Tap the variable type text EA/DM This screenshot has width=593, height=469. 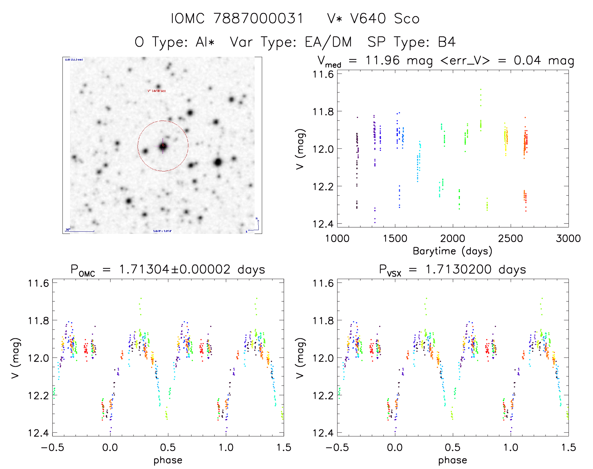pyautogui.click(x=328, y=42)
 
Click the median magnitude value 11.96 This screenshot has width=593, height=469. pyautogui.click(x=382, y=60)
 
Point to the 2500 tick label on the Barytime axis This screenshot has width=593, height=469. pyautogui.click(x=510, y=238)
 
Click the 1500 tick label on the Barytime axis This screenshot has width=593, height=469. pyautogui.click(x=395, y=238)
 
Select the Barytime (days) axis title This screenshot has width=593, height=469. pyautogui.click(x=452, y=251)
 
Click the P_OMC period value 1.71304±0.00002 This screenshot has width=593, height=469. pyautogui.click(x=175, y=270)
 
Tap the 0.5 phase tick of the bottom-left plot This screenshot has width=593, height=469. pyautogui.click(x=168, y=447)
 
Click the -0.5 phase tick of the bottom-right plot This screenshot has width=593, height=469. pyautogui.click(x=337, y=447)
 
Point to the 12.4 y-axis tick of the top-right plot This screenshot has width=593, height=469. pyautogui.click(x=323, y=224)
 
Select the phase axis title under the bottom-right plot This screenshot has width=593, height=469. pyautogui.click(x=452, y=460)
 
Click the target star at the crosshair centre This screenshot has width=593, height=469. pyautogui.click(x=163, y=146)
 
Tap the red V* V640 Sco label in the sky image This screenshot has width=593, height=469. pyautogui.click(x=157, y=91)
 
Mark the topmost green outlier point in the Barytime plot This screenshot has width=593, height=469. pyautogui.click(x=480, y=89)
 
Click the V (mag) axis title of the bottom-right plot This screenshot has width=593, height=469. pyautogui.click(x=300, y=358)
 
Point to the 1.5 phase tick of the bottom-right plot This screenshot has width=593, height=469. pyautogui.click(x=568, y=447)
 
